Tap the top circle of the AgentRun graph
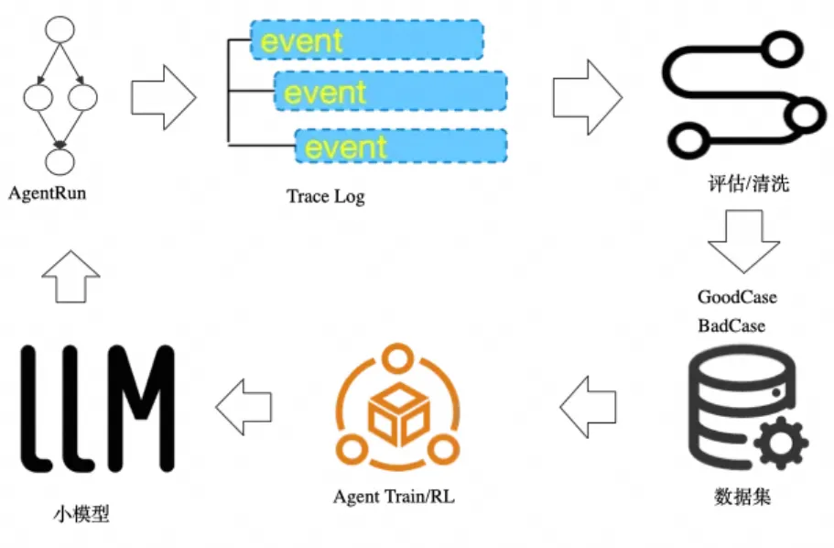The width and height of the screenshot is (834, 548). point(60,29)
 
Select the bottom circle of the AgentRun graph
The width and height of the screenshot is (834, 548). point(60,161)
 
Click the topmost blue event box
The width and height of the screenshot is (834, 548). point(367,39)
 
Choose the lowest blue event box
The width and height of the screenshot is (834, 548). point(401,146)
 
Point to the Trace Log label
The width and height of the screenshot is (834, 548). point(325,196)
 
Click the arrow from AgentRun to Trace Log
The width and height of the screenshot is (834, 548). point(164,95)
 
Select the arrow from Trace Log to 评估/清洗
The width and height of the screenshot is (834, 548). point(587,94)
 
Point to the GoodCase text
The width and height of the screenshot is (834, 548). point(737,297)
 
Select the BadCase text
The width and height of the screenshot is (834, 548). point(731,325)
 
